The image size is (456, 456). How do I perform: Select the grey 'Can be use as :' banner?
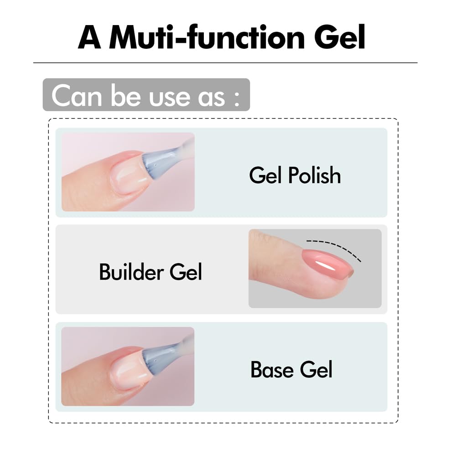146,95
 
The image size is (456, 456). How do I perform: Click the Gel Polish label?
295,176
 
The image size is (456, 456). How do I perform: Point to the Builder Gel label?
150,272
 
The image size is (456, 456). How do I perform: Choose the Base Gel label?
291,369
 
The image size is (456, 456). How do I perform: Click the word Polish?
316,176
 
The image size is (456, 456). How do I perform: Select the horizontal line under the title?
225,62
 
